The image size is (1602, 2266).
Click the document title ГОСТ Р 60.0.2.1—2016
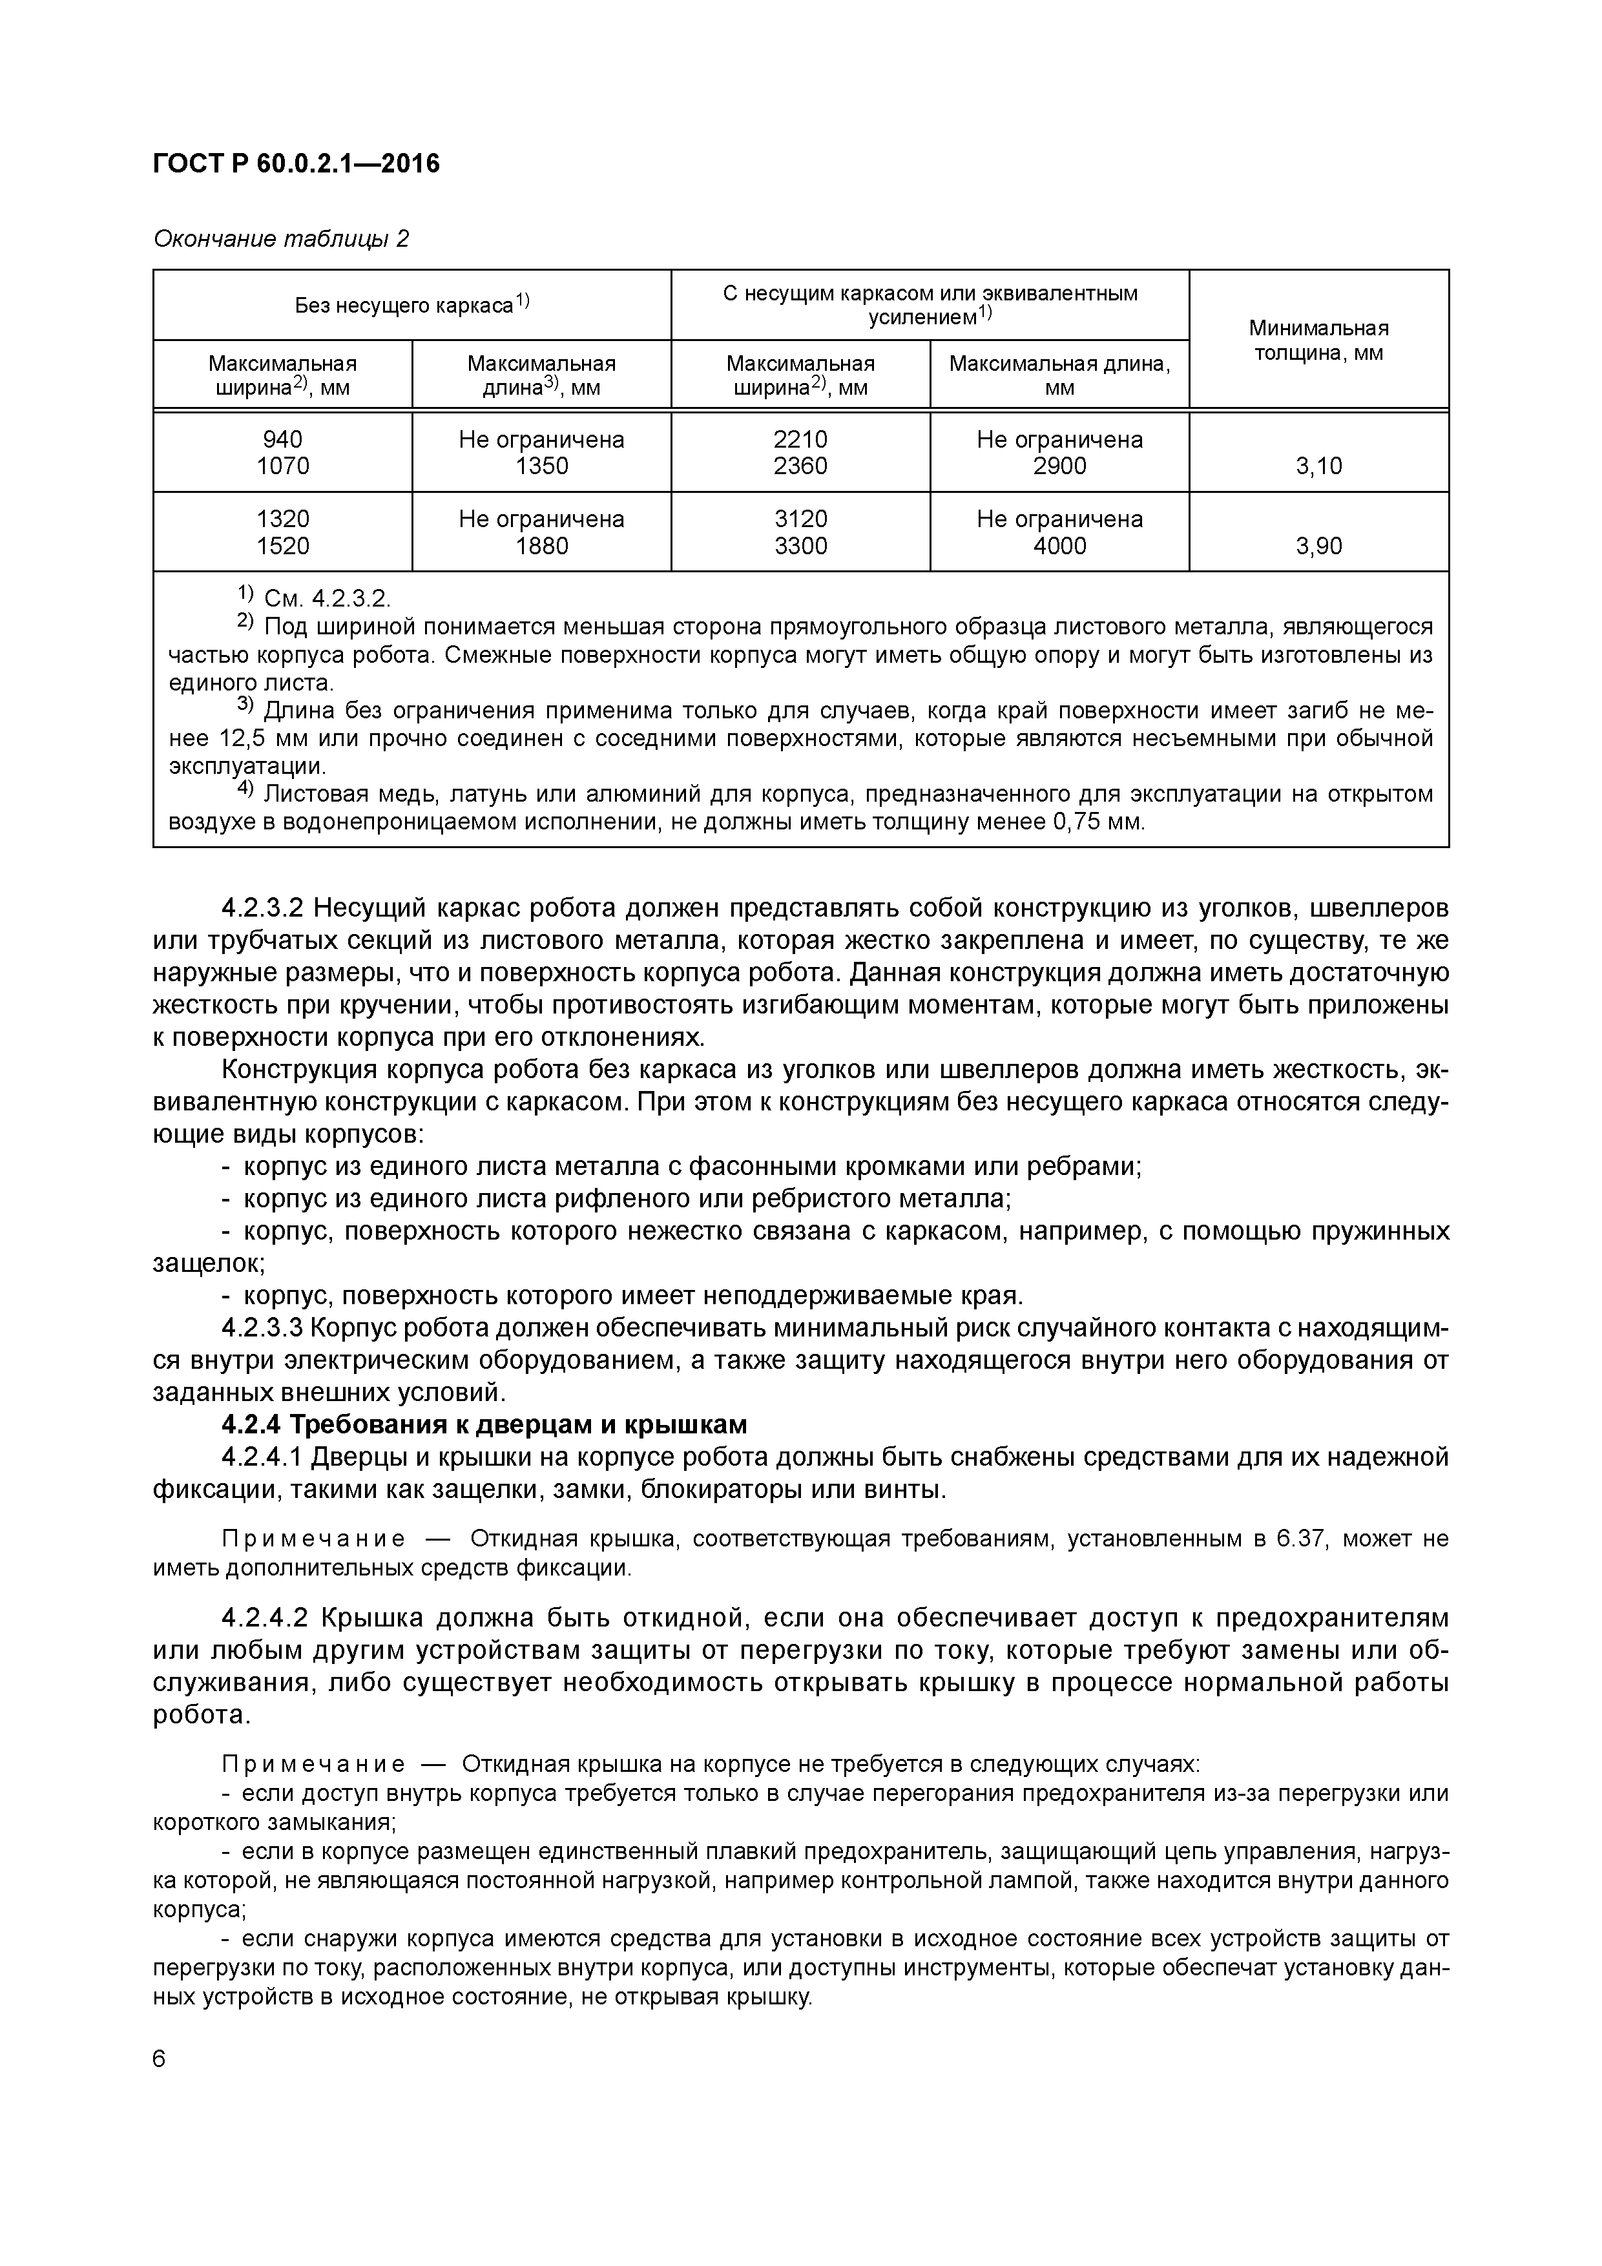point(296,164)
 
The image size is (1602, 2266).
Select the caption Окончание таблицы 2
point(281,239)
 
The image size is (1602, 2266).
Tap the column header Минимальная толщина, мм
point(1318,340)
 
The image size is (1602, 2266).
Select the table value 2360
point(800,466)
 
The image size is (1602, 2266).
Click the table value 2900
point(1059,466)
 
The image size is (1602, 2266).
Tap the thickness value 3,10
point(1318,466)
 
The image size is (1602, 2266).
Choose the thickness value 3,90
point(1318,546)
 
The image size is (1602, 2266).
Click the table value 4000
point(1059,546)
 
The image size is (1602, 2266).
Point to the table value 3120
point(800,519)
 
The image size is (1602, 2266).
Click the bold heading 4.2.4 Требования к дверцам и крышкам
point(484,1425)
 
